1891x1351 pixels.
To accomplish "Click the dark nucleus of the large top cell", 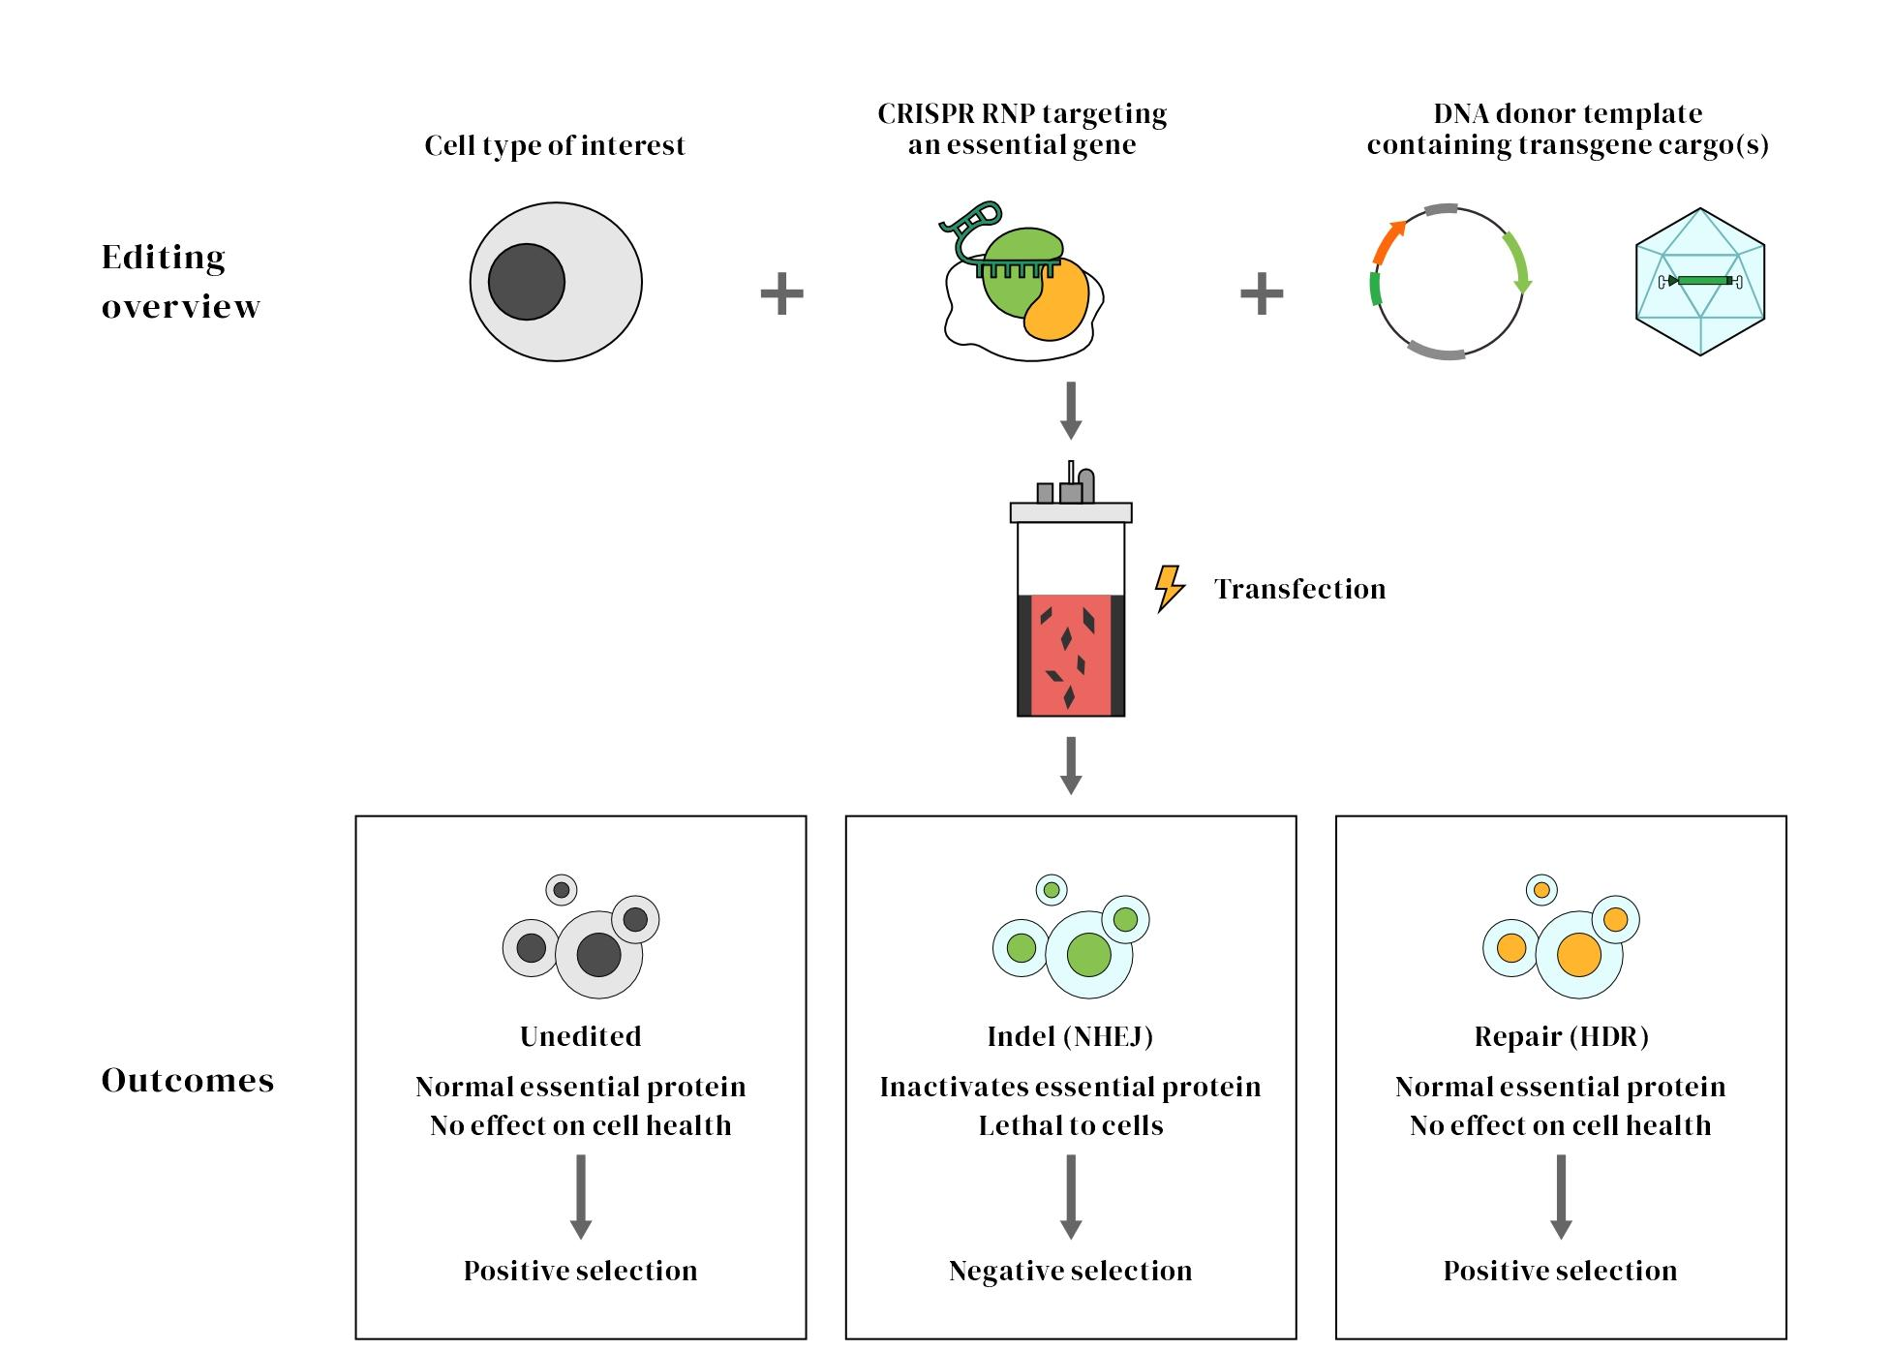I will point(526,282).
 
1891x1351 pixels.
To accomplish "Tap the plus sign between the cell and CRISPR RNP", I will point(781,292).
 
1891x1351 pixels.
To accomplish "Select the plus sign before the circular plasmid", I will point(1262,292).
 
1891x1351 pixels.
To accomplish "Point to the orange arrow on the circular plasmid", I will point(1388,242).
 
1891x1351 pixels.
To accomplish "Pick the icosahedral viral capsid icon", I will point(1700,282).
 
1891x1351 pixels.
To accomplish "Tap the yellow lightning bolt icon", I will point(1170,588).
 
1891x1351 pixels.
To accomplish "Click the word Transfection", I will point(1299,589).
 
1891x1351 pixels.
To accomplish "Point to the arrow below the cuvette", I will point(1071,765).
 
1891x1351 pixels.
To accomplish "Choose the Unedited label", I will point(581,1036).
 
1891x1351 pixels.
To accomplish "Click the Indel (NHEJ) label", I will point(1070,1036).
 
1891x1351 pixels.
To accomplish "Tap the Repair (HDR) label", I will point(1561,1036).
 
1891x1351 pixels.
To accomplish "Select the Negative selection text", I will point(1070,1271).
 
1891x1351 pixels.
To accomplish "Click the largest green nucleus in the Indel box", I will point(1088,955).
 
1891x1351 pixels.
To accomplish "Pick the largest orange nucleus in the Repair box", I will point(1578,955).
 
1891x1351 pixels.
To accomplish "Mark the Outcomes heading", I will point(188,1080).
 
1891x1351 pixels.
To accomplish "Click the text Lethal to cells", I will point(1070,1125).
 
